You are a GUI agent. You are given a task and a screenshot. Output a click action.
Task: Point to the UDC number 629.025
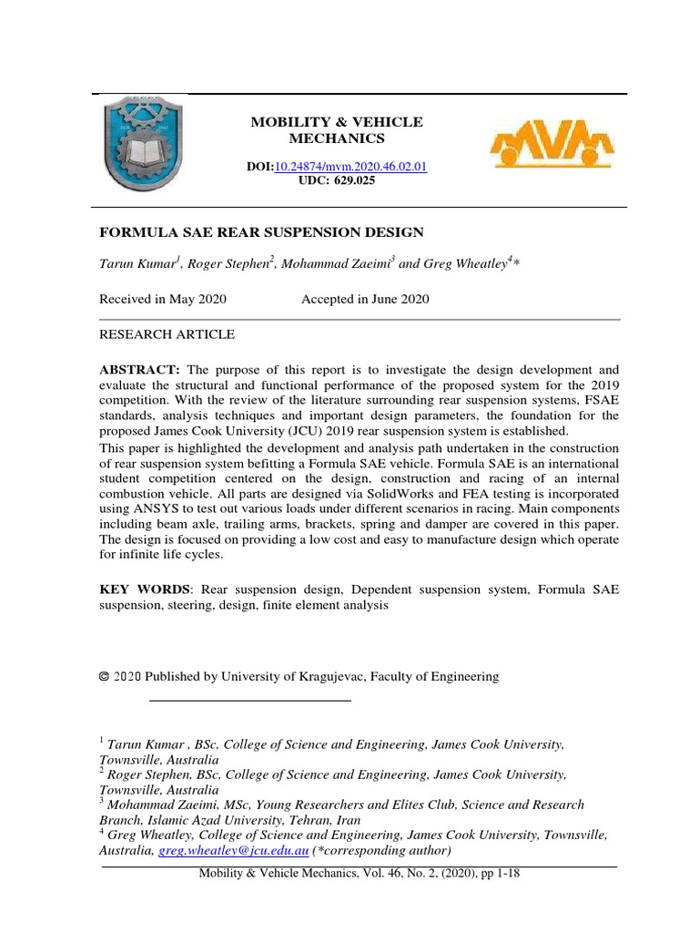point(356,180)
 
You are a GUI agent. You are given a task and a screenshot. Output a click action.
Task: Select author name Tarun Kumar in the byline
point(137,264)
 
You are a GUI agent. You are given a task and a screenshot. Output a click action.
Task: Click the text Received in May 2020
point(163,299)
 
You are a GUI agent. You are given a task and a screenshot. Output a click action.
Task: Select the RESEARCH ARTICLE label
point(167,334)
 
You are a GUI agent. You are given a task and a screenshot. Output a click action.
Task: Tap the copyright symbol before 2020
point(104,676)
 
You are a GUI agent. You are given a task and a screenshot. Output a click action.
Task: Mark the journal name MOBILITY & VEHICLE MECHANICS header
point(337,130)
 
